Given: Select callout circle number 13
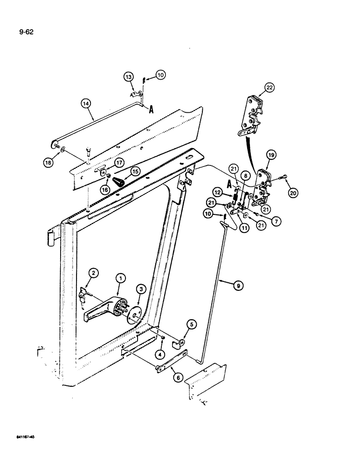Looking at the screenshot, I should [128, 77].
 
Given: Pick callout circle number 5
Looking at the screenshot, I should [191, 323].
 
